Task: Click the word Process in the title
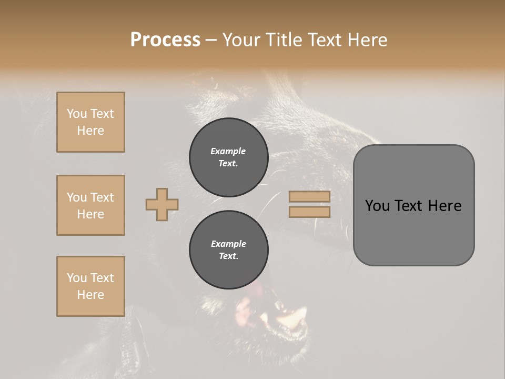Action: click(165, 40)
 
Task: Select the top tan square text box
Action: click(90, 122)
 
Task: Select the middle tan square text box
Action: click(90, 205)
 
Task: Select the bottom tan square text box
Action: click(90, 286)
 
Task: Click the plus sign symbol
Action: click(162, 204)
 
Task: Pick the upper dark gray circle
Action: click(228, 157)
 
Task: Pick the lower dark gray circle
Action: click(228, 250)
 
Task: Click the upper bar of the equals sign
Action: click(309, 197)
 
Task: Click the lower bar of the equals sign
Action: click(309, 212)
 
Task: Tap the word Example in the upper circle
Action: click(228, 151)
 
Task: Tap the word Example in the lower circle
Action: click(228, 244)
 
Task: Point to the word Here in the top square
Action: click(90, 131)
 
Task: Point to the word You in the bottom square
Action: click(77, 278)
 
